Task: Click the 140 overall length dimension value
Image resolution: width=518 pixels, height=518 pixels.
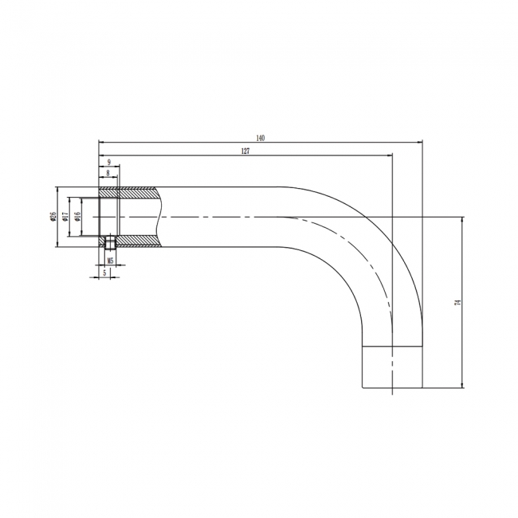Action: (260, 138)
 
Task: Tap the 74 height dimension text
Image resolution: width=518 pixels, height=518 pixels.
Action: (457, 303)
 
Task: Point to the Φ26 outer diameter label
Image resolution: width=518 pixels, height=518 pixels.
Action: (53, 217)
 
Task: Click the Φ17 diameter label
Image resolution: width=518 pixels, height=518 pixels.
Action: (65, 217)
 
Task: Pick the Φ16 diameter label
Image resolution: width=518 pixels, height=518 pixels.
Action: (77, 217)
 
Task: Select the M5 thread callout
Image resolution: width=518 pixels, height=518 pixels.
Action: (110, 261)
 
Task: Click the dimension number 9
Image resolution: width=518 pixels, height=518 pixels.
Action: (108, 162)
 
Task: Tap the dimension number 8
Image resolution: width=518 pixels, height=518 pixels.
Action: (107, 172)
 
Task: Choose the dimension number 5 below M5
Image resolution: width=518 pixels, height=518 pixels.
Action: (104, 273)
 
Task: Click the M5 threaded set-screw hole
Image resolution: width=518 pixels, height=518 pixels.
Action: (110, 241)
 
